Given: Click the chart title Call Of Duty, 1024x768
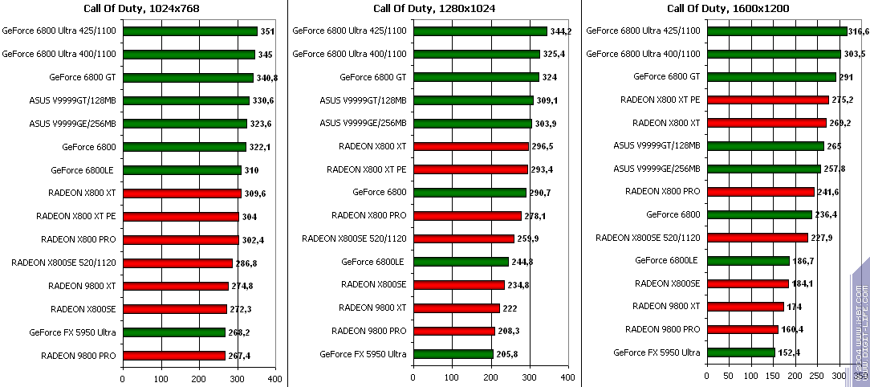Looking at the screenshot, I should click(x=141, y=9).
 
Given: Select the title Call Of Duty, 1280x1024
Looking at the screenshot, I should click(x=433, y=9).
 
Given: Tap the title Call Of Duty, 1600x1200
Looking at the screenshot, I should click(x=728, y=9).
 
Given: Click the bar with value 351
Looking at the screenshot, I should click(x=190, y=31).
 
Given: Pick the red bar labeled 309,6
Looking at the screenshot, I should click(x=182, y=193).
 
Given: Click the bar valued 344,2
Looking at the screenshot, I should click(x=479, y=31).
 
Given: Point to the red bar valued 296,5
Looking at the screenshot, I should click(x=470, y=147).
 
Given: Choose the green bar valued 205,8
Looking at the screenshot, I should click(x=453, y=354).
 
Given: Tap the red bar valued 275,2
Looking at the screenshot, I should click(x=768, y=100).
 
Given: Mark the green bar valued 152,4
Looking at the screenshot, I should click(x=741, y=352).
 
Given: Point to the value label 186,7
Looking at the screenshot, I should click(x=804, y=261).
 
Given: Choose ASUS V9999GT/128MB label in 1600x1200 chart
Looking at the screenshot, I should click(x=657, y=145).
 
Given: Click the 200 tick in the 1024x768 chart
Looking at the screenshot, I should click(x=199, y=377).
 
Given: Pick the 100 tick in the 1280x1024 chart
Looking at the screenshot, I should click(x=452, y=377).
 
